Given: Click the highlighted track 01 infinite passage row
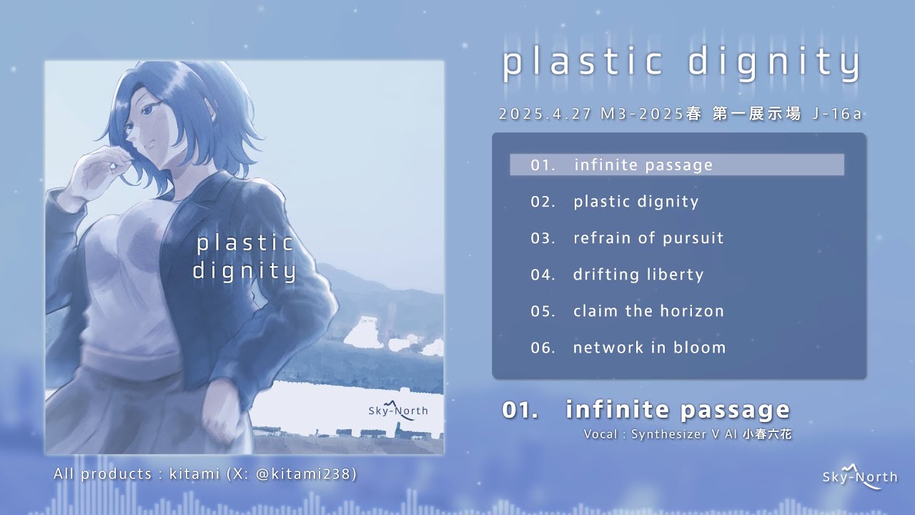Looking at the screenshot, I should click(x=676, y=165).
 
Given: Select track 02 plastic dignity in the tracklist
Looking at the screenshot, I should click(x=635, y=202).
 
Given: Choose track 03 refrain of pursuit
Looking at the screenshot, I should click(x=648, y=238).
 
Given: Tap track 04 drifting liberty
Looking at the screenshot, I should click(x=638, y=275).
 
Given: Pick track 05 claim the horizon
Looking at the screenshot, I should click(x=648, y=311).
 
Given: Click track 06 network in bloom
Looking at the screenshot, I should click(x=649, y=348).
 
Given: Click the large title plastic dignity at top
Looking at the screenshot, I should click(x=681, y=63).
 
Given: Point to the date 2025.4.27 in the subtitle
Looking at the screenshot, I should click(x=545, y=114).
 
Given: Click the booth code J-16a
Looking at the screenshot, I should click(x=838, y=114).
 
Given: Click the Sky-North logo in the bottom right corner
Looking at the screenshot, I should click(x=859, y=476).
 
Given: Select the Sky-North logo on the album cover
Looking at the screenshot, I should click(x=398, y=411).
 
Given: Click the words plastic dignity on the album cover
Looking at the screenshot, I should click(x=244, y=257).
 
